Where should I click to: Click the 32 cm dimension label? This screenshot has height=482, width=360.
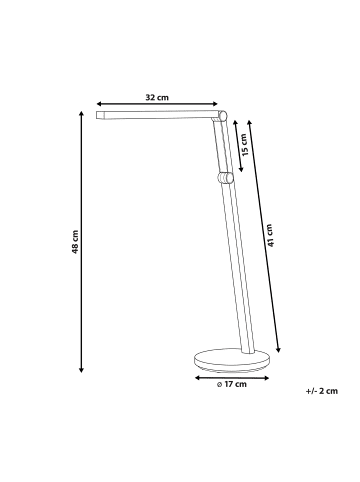(157, 98)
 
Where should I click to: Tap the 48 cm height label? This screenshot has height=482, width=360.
(75, 242)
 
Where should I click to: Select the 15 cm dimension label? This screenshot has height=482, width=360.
(245, 145)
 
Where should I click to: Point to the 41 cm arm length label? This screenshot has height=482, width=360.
(270, 235)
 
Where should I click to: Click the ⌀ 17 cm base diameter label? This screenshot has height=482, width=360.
(232, 384)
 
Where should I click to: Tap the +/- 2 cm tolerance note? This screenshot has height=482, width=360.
(322, 391)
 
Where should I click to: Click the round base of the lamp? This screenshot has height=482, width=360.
(232, 361)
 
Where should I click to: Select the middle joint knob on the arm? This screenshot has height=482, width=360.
(226, 178)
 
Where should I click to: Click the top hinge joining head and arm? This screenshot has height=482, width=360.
(223, 116)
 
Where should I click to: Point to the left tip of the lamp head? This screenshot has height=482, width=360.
(97, 115)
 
